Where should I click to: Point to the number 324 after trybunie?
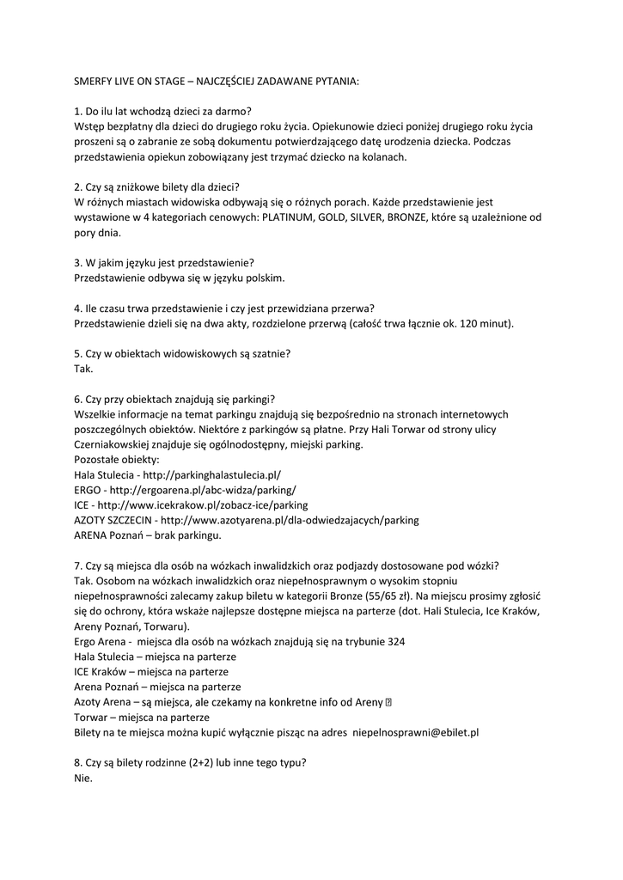tap(394, 641)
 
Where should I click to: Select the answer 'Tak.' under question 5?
tap(84, 369)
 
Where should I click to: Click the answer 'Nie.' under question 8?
tap(83, 779)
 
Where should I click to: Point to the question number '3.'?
tap(79, 262)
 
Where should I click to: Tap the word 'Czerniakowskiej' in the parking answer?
tap(115, 443)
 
